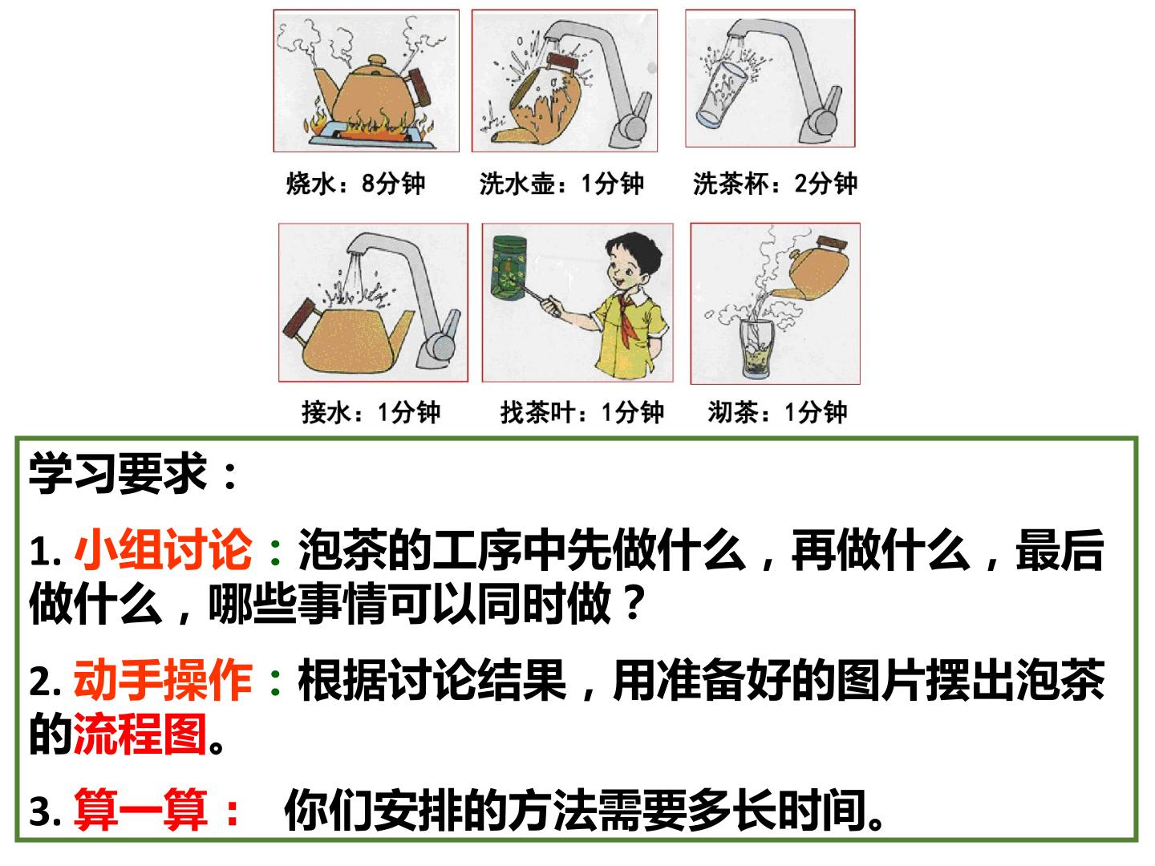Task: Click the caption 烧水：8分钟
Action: [x=355, y=184]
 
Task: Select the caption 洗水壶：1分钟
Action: [x=561, y=184]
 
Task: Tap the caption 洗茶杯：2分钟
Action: [x=775, y=184]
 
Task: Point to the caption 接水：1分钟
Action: [x=371, y=411]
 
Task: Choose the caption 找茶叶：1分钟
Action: [x=582, y=411]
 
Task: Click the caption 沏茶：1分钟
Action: [x=777, y=411]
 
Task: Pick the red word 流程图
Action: [x=140, y=734]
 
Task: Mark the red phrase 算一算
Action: [x=141, y=809]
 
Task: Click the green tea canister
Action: [x=509, y=268]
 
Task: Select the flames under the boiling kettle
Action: [x=368, y=126]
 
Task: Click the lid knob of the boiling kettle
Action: [x=377, y=60]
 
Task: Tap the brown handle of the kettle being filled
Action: [x=299, y=319]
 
